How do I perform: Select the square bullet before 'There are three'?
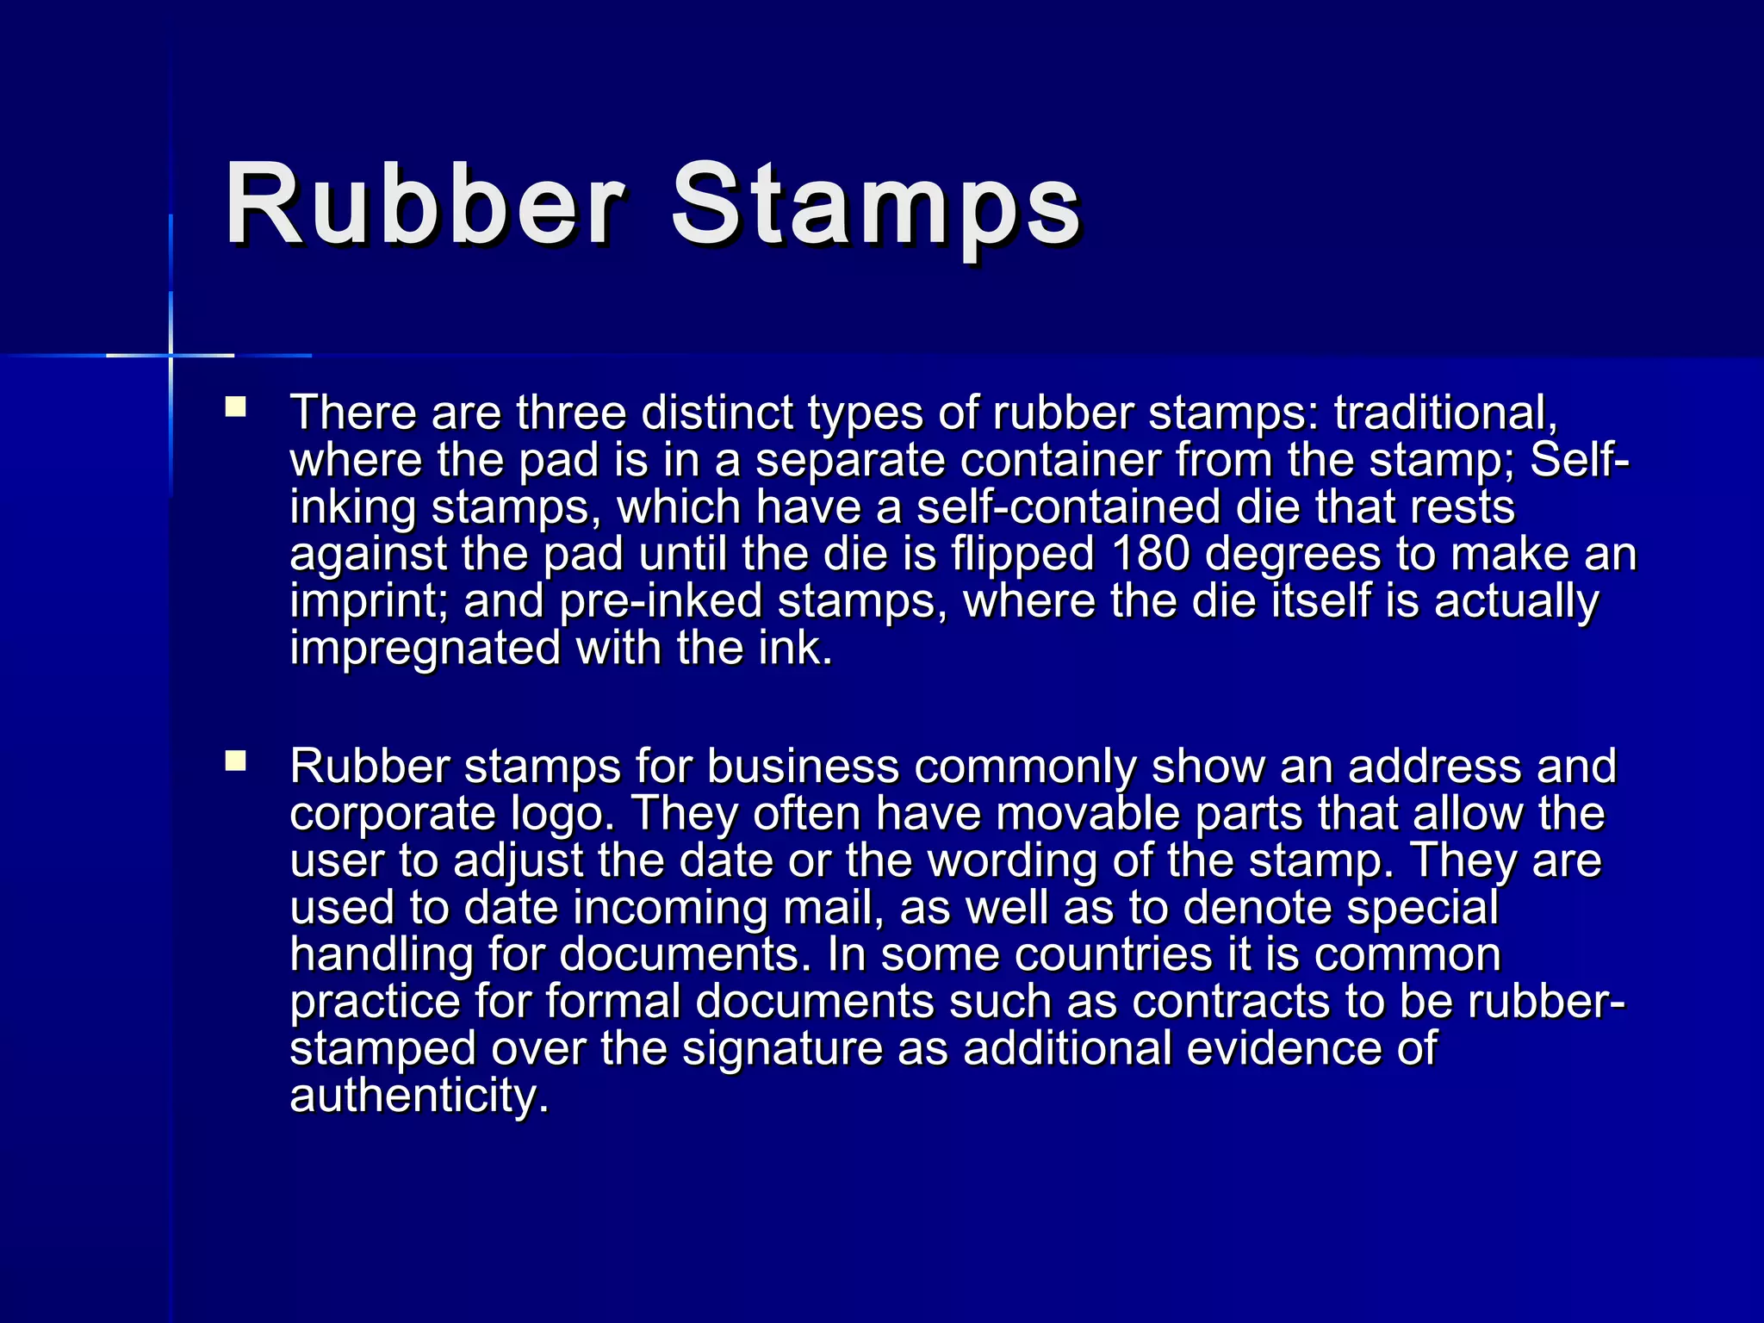tap(235, 407)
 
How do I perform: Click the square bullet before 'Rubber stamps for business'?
tap(235, 761)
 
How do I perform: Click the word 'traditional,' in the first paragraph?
tap(1446, 413)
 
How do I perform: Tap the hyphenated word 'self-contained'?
tap(1068, 506)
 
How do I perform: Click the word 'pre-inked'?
tap(661, 600)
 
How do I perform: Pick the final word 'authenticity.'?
tap(419, 1096)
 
